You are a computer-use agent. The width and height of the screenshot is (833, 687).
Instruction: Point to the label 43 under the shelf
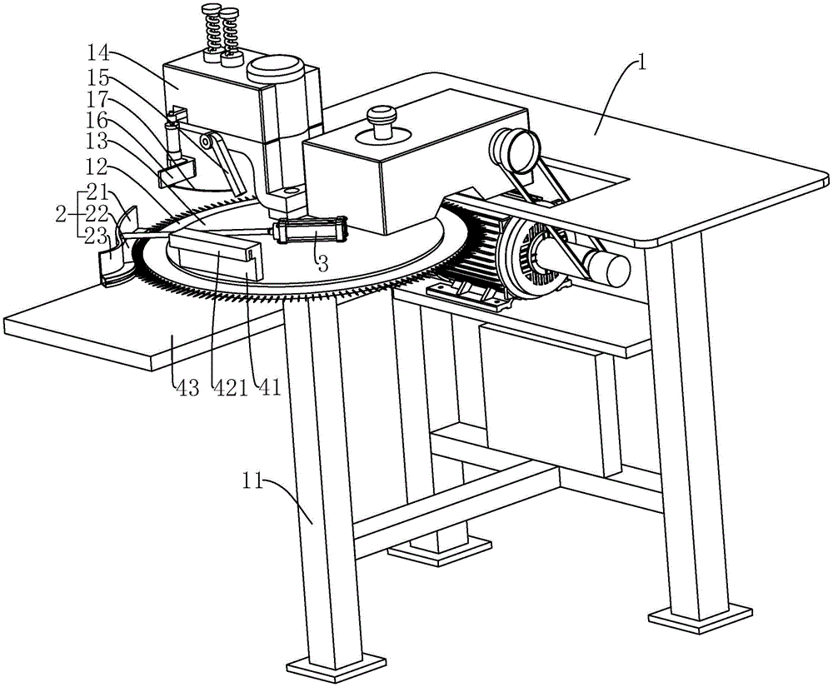tap(185, 387)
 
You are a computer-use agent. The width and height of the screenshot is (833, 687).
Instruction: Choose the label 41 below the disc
tap(268, 387)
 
